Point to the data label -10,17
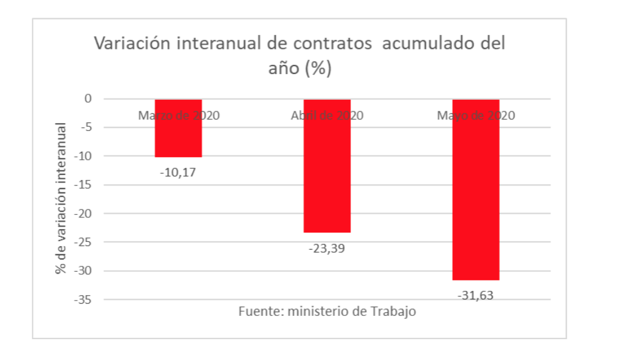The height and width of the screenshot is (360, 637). pyautogui.click(x=178, y=173)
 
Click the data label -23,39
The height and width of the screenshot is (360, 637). pyautogui.click(x=327, y=249)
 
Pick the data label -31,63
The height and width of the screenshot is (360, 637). pyautogui.click(x=475, y=296)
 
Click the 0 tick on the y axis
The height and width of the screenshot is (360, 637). pyautogui.click(x=88, y=99)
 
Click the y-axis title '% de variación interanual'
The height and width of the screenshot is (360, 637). pyautogui.click(x=61, y=198)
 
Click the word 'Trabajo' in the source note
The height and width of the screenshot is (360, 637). pyautogui.click(x=394, y=312)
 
